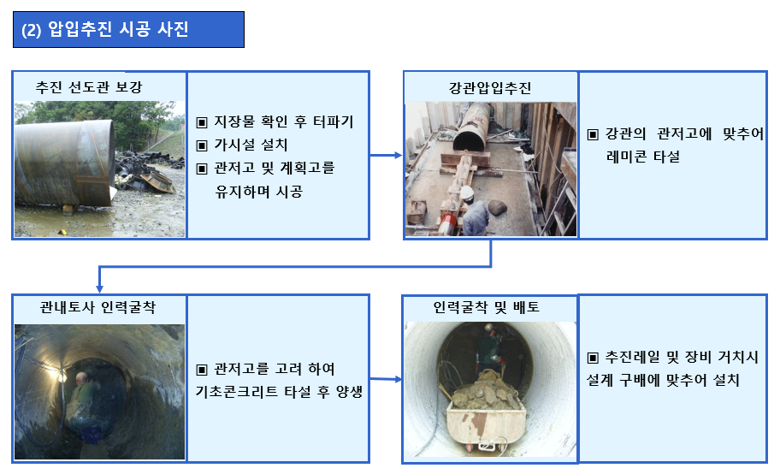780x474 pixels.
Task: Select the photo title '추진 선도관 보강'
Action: (x=89, y=87)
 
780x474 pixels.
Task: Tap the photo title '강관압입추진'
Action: (x=490, y=88)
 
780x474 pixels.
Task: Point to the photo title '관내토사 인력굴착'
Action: (x=98, y=307)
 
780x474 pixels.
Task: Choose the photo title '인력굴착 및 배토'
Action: (x=487, y=307)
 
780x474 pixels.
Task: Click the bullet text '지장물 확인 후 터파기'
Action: (x=284, y=121)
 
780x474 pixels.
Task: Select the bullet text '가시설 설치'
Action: (x=251, y=145)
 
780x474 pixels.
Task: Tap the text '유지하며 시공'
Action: (x=258, y=192)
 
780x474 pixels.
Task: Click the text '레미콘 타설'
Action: (x=642, y=157)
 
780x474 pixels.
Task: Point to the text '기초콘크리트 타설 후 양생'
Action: (x=279, y=392)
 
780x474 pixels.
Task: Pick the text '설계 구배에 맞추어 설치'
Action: (x=663, y=381)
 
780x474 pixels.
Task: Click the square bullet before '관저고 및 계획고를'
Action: (x=202, y=169)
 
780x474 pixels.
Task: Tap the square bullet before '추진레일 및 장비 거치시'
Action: (x=593, y=358)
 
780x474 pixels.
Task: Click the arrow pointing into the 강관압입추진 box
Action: (x=386, y=156)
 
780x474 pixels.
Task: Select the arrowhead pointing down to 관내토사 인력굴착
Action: (x=99, y=289)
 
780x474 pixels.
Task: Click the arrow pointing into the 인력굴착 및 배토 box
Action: (x=386, y=379)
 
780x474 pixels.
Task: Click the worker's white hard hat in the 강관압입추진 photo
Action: (x=467, y=193)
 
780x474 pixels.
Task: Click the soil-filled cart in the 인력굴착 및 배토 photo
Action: (x=486, y=414)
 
